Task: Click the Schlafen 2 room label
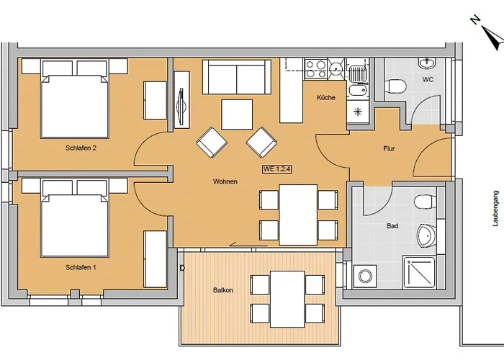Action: pos(81,148)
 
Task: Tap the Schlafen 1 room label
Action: pos(81,267)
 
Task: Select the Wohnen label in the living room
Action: pos(225,181)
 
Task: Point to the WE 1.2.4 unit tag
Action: pos(277,169)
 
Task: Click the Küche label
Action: pos(326,97)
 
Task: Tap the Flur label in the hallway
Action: pos(389,148)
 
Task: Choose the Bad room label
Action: pos(392,226)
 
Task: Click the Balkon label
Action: pos(223,290)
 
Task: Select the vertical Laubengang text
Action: pos(496,209)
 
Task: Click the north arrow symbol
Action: pos(489,36)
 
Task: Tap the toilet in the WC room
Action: pos(395,86)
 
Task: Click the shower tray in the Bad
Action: pos(419,273)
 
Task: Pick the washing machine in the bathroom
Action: pos(365,276)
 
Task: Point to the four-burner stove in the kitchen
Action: pos(315,69)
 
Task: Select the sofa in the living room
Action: pos(237,77)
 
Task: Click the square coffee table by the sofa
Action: pos(237,114)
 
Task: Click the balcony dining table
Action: pos(287,300)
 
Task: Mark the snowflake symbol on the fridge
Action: pos(357,112)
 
